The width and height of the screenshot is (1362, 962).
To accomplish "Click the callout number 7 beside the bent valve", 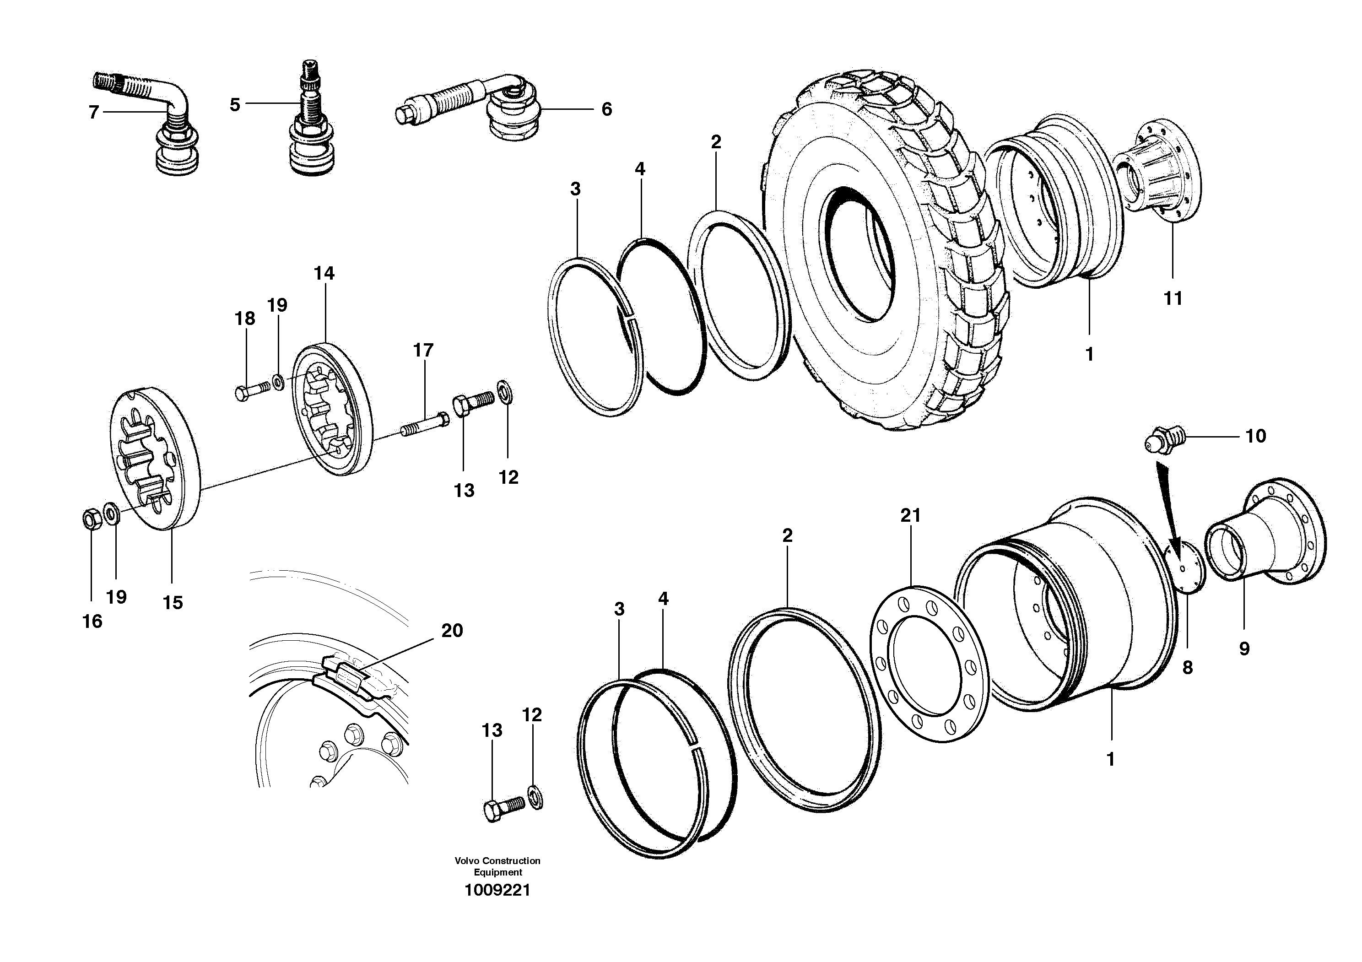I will tap(93, 112).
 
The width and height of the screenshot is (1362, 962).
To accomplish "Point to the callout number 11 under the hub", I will tap(1173, 298).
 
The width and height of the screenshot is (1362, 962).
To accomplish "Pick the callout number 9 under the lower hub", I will tap(1244, 648).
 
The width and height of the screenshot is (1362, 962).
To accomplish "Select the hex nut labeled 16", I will tap(92, 519).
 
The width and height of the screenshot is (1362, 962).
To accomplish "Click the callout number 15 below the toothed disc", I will tap(173, 603).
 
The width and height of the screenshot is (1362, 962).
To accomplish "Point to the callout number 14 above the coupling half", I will tap(324, 273).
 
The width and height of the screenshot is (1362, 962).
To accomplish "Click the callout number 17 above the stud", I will tap(423, 350).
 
